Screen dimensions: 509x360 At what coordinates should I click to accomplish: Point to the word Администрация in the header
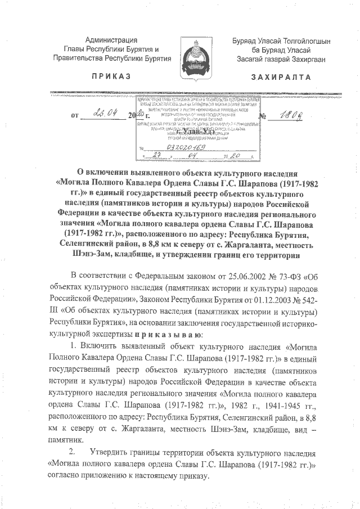click(x=111, y=39)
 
